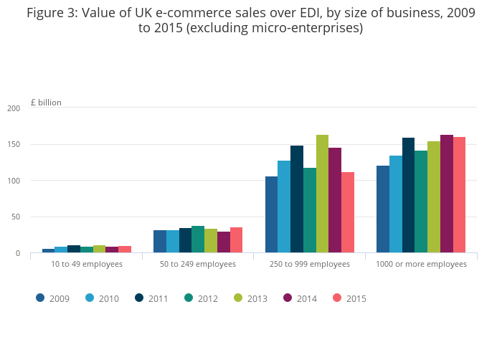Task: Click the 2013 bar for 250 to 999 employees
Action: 322,194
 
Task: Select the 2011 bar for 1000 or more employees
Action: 408,195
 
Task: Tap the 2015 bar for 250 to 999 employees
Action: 348,212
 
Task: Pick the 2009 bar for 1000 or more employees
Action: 383,209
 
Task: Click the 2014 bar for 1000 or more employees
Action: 446,194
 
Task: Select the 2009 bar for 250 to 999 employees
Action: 271,214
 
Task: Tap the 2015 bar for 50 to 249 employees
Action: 236,240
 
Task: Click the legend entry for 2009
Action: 53,298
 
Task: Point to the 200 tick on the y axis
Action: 14,108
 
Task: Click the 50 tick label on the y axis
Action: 16,217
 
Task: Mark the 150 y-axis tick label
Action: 14,144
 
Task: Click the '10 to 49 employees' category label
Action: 87,264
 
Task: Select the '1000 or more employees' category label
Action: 421,264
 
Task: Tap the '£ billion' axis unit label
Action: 46,103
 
